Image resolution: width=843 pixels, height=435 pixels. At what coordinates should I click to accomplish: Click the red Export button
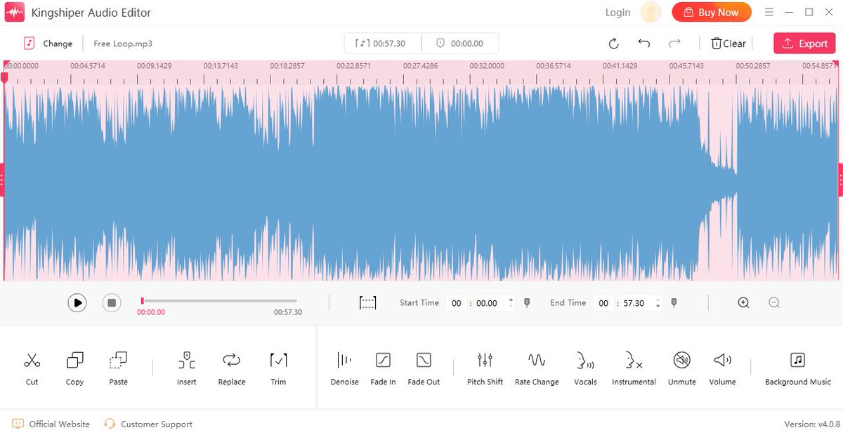[x=804, y=43]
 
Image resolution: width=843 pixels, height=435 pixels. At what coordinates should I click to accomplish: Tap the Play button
[x=77, y=302]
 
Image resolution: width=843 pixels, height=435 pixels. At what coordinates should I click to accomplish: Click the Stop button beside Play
[x=111, y=302]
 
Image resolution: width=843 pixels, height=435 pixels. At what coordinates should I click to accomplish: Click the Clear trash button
[x=728, y=43]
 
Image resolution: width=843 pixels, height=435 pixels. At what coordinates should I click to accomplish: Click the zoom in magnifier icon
[x=743, y=302]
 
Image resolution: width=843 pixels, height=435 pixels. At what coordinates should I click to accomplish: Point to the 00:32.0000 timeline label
[x=487, y=66]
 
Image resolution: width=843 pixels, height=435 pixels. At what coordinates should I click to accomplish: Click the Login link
[x=617, y=13]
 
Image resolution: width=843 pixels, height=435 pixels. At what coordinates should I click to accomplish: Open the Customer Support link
[x=148, y=424]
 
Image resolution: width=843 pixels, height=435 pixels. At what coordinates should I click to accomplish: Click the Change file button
[x=48, y=43]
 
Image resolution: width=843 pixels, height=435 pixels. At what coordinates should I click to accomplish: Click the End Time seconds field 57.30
[x=634, y=303]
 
